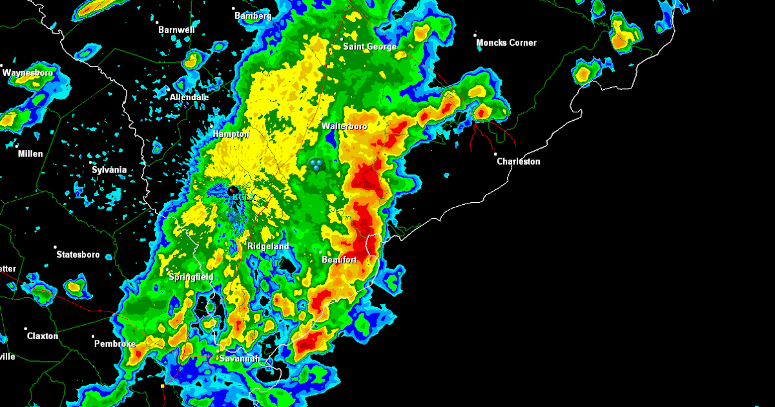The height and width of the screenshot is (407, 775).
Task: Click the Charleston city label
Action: click(518, 162)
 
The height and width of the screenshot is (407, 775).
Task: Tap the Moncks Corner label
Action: click(506, 43)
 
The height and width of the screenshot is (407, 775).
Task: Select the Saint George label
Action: click(369, 47)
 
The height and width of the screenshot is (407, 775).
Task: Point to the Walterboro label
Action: click(344, 127)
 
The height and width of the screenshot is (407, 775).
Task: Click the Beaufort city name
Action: click(340, 260)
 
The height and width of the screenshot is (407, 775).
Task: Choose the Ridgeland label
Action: click(268, 247)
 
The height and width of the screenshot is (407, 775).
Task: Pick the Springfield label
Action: click(191, 277)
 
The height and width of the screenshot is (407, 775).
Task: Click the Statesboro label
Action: click(78, 255)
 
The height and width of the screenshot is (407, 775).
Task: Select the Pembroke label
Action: click(115, 344)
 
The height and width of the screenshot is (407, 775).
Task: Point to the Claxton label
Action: click(43, 336)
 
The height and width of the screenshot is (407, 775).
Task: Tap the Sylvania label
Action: click(109, 170)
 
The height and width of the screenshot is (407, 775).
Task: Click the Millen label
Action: click(30, 154)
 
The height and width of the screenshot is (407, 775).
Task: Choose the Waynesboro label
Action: click(28, 73)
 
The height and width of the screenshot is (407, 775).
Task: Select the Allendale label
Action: click(189, 98)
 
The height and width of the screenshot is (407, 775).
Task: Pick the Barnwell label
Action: click(176, 30)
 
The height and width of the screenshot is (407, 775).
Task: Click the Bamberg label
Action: click(253, 16)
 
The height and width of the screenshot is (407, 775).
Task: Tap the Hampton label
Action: click(231, 134)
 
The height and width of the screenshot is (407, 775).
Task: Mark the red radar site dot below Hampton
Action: click(231, 191)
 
